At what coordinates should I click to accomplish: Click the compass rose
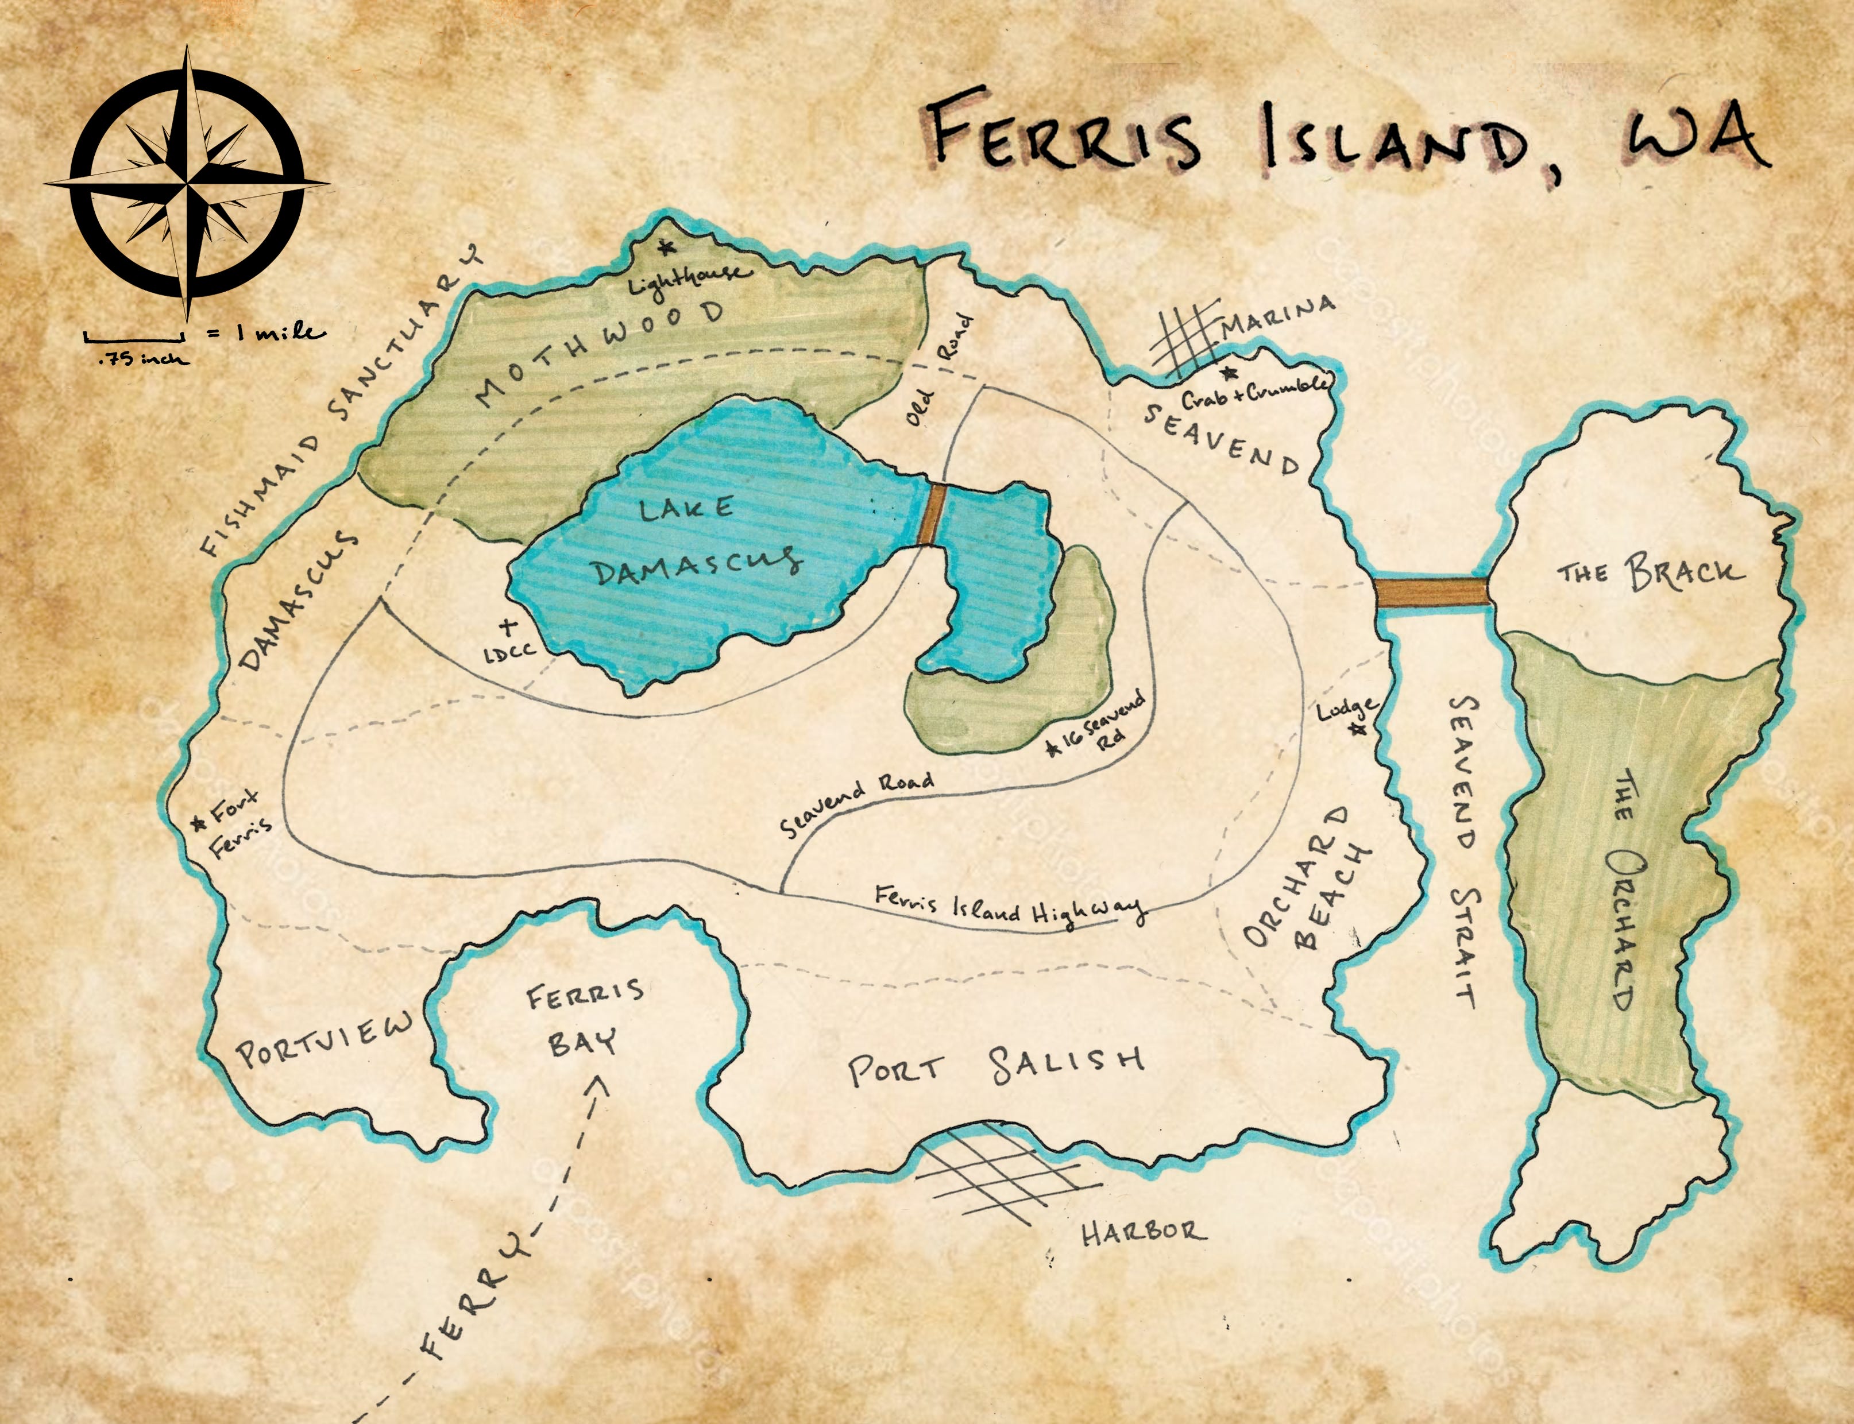[187, 181]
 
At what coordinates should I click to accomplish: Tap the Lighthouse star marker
[666, 247]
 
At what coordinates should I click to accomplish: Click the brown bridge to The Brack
[1431, 591]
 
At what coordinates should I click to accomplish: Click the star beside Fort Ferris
[199, 821]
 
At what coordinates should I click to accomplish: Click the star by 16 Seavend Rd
[1054, 748]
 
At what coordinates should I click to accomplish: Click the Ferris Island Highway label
[1009, 907]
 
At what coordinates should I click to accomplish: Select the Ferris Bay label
[585, 1017]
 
